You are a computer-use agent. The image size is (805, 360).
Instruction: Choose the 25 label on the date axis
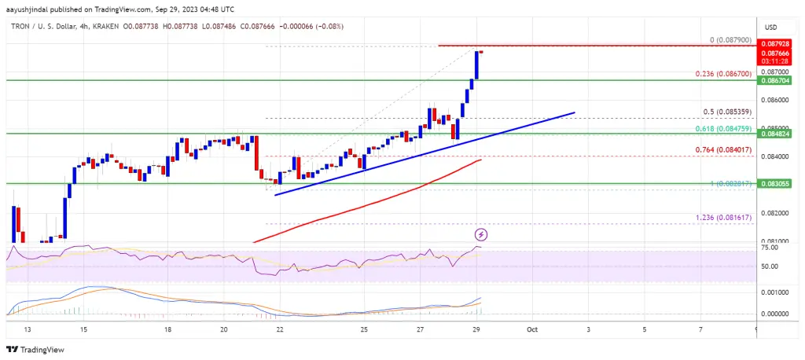tap(365, 331)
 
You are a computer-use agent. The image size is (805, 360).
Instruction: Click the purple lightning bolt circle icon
tap(480, 234)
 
